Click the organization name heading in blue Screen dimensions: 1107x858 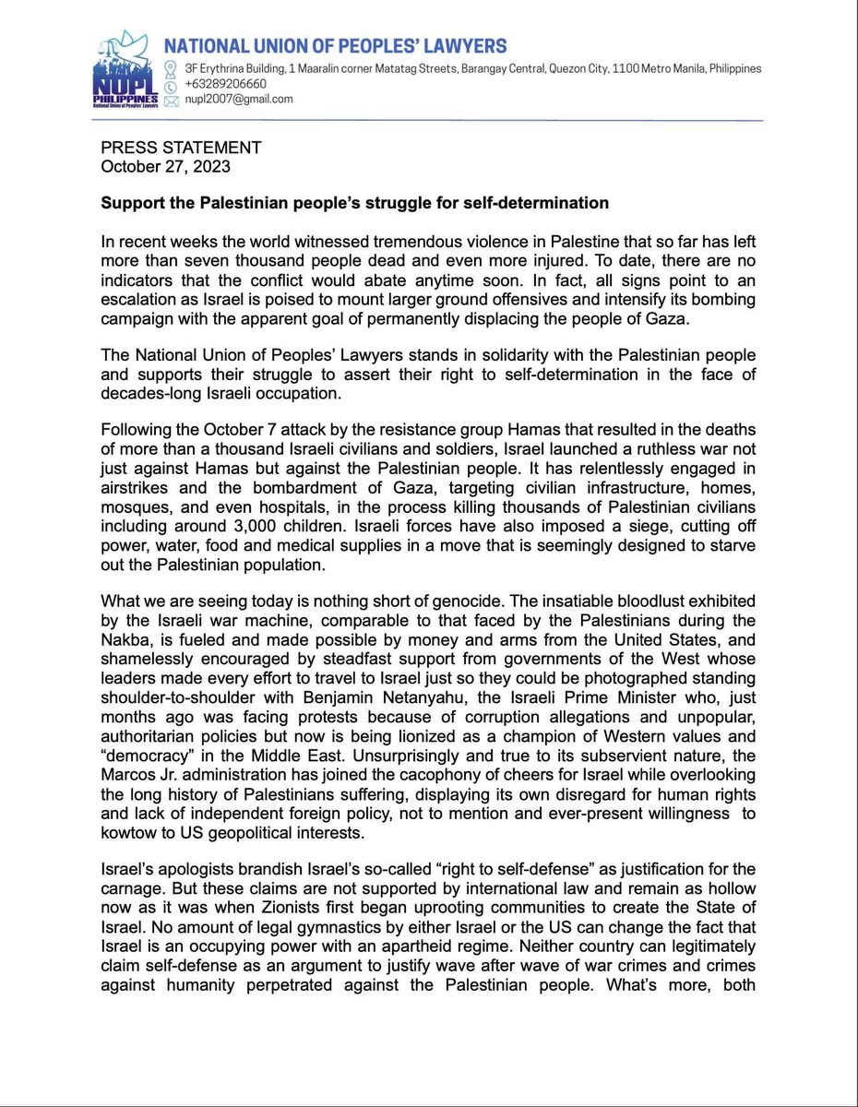pos(336,45)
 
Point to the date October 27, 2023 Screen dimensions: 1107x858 pos(165,167)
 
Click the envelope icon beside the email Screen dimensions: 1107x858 pos(169,99)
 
